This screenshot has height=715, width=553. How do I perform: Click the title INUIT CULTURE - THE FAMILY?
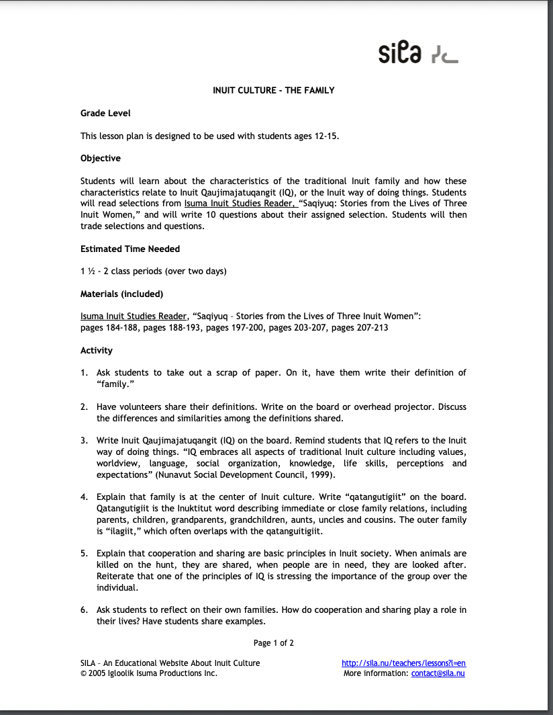[x=273, y=90]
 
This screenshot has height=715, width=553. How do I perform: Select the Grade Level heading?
[x=105, y=114]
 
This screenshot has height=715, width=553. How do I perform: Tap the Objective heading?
[x=101, y=159]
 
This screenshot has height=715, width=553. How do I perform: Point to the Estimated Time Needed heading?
[x=130, y=249]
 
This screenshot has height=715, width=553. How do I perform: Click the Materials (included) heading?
[x=121, y=294]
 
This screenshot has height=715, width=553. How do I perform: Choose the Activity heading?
[x=97, y=350]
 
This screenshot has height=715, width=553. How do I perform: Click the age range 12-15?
[x=325, y=136]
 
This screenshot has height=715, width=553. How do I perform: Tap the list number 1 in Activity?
[x=84, y=373]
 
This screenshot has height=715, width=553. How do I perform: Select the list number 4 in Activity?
[x=84, y=497]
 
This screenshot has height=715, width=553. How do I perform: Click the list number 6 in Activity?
[x=84, y=610]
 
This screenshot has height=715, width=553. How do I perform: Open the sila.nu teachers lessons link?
[x=403, y=663]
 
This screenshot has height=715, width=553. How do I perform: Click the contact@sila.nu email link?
[x=438, y=673]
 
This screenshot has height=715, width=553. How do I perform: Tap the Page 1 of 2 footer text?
[x=274, y=643]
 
